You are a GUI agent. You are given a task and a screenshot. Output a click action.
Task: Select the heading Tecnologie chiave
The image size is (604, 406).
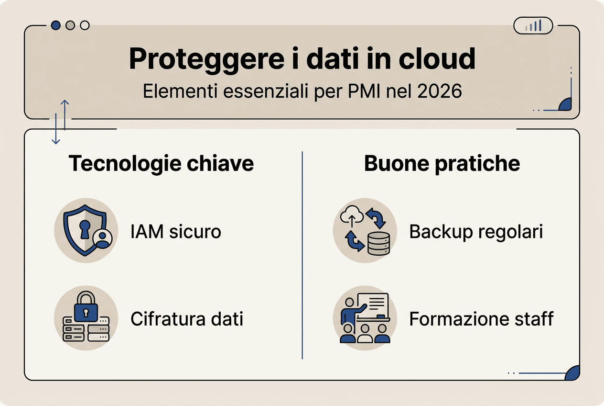click(161, 164)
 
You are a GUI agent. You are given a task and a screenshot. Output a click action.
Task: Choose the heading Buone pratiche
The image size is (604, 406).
click(442, 164)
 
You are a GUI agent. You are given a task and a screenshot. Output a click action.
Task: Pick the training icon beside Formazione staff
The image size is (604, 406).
click(365, 318)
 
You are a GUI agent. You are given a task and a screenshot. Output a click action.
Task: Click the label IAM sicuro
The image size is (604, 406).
click(176, 232)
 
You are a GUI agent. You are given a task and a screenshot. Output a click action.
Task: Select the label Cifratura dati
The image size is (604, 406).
click(187, 319)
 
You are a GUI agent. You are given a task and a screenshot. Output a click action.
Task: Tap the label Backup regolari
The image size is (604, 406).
click(476, 232)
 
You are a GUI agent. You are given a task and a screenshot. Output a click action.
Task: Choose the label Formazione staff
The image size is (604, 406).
click(481, 319)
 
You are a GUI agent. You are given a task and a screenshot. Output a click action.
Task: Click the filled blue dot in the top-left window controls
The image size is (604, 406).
click(56, 25)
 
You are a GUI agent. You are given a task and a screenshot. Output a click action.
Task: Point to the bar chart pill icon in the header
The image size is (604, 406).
click(533, 25)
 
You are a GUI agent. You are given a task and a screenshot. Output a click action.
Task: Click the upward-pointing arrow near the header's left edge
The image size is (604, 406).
click(65, 115)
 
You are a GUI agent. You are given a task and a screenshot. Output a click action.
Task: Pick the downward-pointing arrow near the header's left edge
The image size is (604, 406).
click(56, 129)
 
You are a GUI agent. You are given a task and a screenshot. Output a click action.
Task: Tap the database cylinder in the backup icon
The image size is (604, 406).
click(378, 243)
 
